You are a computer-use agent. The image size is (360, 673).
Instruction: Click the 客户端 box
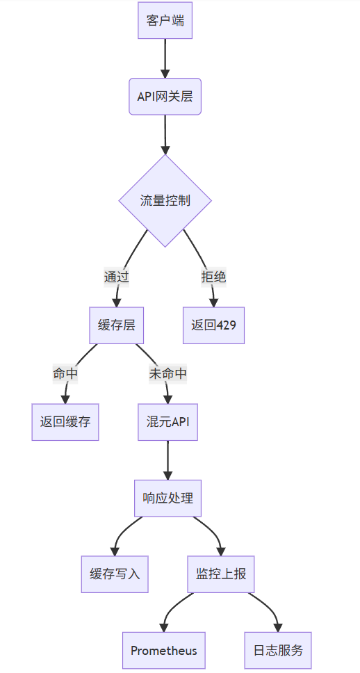click(x=165, y=20)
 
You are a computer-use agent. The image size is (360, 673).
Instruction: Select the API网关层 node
click(x=165, y=97)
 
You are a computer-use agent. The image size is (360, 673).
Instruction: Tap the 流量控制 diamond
click(x=165, y=200)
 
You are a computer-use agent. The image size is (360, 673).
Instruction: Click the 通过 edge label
click(x=116, y=277)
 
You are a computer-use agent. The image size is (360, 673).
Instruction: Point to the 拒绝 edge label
click(x=213, y=277)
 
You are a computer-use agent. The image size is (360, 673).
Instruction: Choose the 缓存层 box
click(x=116, y=325)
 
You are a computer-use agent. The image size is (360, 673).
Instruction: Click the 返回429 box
click(x=213, y=325)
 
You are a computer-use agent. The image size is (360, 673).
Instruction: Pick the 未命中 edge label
click(x=167, y=373)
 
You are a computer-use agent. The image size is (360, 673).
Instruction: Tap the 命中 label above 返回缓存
click(x=65, y=373)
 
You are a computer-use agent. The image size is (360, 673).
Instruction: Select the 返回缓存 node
click(x=65, y=422)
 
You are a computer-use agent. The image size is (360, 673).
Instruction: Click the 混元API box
click(x=167, y=422)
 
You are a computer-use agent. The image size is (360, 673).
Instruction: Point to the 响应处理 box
click(x=167, y=498)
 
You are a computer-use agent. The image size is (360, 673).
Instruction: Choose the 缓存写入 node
click(x=115, y=574)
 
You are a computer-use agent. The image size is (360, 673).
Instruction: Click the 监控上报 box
click(x=221, y=574)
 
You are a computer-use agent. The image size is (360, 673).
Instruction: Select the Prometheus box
click(x=164, y=650)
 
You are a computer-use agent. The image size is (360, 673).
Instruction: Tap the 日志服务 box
click(x=278, y=650)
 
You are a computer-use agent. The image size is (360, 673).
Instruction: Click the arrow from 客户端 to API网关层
click(x=165, y=58)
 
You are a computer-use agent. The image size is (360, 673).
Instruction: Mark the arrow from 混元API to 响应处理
click(x=167, y=460)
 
